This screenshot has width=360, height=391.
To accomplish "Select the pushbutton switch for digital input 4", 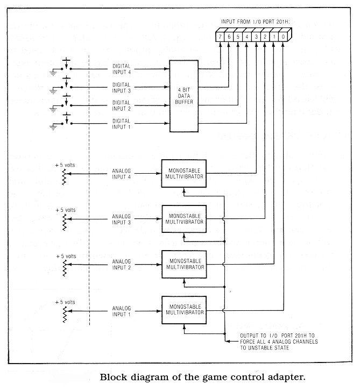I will (x=66, y=65).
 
